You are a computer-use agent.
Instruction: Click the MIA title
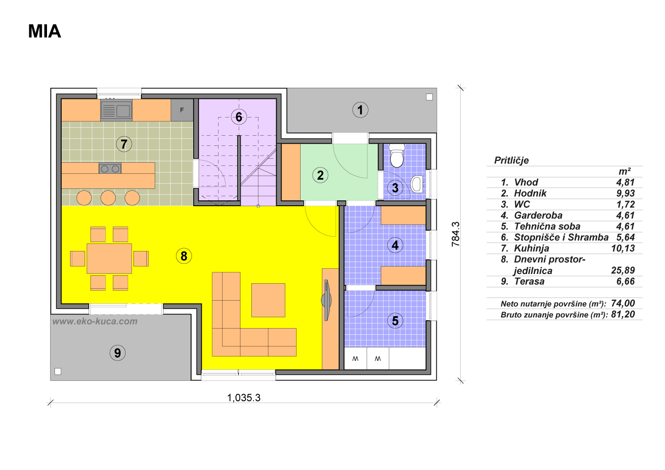44,31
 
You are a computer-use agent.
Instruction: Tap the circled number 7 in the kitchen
124,144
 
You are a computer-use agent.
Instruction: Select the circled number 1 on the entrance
360,110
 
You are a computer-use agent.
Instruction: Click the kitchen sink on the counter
116,110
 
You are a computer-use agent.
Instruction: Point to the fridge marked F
182,110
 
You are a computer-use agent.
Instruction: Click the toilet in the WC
397,156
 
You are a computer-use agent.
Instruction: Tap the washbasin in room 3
417,184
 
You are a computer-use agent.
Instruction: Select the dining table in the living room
109,258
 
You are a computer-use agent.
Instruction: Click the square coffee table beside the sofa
268,300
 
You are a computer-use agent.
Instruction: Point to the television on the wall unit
326,300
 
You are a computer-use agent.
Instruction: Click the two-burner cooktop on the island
110,168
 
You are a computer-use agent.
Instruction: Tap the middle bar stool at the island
108,198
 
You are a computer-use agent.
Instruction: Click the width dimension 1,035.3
244,398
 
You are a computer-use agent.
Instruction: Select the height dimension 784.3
455,234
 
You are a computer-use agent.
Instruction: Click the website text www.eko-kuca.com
95,321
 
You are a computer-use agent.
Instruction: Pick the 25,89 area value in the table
623,270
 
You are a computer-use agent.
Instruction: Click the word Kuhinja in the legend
532,248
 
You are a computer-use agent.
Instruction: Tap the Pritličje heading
512,161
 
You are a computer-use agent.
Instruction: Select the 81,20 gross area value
623,314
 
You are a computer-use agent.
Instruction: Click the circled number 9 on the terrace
117,353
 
